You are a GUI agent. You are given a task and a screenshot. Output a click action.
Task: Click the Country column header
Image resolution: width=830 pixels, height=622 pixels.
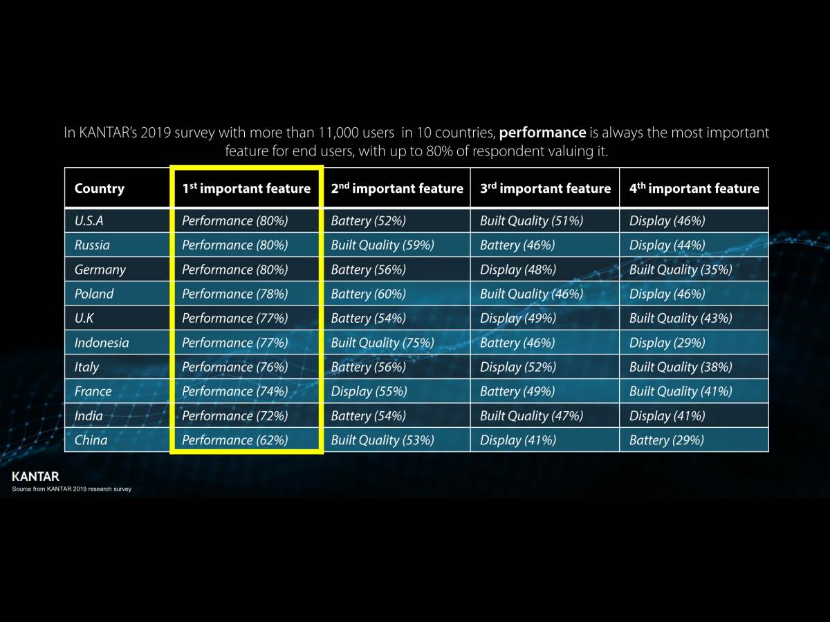pyautogui.click(x=100, y=189)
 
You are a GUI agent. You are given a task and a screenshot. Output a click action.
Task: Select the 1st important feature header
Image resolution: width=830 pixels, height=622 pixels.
pyautogui.click(x=246, y=189)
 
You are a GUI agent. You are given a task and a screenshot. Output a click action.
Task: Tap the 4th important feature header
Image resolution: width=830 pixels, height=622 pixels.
pyautogui.click(x=694, y=189)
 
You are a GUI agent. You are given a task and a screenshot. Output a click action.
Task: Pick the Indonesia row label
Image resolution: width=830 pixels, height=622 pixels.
pyautogui.click(x=102, y=343)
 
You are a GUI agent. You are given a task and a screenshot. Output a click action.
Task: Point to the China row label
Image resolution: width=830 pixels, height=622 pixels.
pyautogui.click(x=91, y=440)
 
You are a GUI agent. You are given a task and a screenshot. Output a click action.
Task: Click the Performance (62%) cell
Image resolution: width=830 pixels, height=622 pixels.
pyautogui.click(x=235, y=440)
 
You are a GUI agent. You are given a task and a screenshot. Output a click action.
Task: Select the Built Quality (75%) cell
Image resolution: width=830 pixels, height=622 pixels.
pyautogui.click(x=382, y=343)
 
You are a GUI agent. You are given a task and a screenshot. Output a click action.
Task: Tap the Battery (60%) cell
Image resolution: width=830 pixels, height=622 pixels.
pyautogui.click(x=369, y=294)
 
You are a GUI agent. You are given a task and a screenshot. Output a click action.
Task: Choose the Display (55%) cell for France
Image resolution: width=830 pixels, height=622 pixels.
pyautogui.click(x=369, y=391)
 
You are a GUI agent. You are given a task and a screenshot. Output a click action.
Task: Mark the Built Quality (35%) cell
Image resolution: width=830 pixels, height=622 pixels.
pyautogui.click(x=681, y=270)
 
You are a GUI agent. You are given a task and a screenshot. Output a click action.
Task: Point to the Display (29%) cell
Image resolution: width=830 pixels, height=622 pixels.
pyautogui.click(x=667, y=343)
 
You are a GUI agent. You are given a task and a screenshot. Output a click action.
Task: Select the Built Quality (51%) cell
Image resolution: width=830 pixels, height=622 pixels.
pyautogui.click(x=531, y=221)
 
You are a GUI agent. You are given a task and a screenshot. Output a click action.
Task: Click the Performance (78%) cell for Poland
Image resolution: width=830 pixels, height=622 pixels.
pyautogui.click(x=235, y=294)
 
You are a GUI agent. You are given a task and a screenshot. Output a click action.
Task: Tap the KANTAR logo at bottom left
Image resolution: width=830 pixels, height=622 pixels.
pyautogui.click(x=35, y=476)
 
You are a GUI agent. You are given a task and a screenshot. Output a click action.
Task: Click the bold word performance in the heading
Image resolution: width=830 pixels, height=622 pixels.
pyautogui.click(x=542, y=132)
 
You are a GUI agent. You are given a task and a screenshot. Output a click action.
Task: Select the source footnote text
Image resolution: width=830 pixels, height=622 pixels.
pyautogui.click(x=71, y=489)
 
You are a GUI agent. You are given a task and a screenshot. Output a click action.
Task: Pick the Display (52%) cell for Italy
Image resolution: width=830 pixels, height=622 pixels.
pyautogui.click(x=518, y=367)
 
